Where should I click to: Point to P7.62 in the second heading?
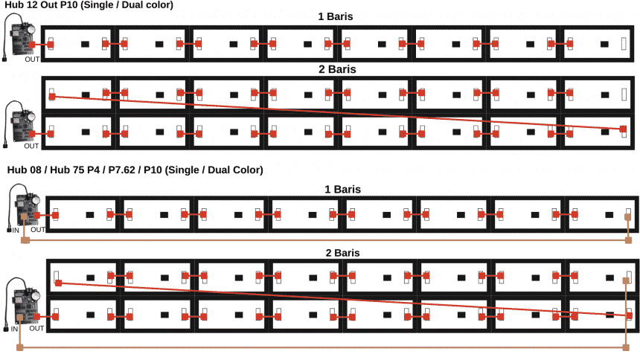121,170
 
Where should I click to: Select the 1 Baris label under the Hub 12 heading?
336,16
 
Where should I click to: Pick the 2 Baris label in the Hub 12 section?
337,69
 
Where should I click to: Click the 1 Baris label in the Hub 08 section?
343,190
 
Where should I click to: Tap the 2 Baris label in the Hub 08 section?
343,253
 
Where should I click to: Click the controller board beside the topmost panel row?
23,39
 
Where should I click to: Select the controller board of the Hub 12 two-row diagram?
23,126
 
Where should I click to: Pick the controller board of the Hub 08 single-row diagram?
28,209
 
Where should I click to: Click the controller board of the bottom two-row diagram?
26,306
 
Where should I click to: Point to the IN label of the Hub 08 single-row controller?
16,230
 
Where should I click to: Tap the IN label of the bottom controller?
14,329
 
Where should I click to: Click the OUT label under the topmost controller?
32,60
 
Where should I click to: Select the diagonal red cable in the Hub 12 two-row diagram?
338,113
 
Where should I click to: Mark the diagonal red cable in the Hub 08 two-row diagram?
344,299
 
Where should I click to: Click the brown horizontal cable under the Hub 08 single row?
327,240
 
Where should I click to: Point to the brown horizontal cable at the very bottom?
323,348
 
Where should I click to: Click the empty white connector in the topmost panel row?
624,44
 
